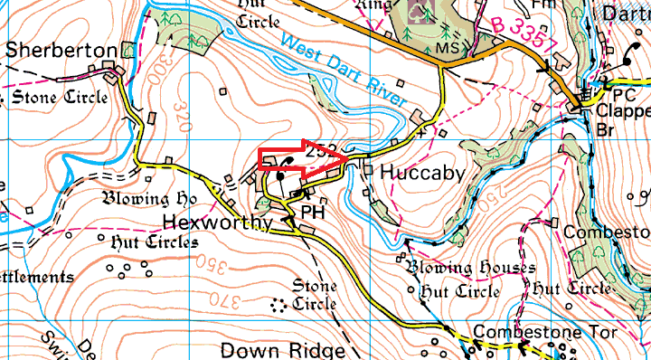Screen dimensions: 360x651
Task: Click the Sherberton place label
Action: pyautogui.click(x=61, y=50)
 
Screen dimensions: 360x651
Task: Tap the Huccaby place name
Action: pyautogui.click(x=422, y=172)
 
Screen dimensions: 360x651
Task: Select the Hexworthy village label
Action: pyautogui.click(x=218, y=223)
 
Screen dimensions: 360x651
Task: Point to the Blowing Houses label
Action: pyautogui.click(x=470, y=268)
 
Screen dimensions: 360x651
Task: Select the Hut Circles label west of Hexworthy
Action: pyautogui.click(x=154, y=242)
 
